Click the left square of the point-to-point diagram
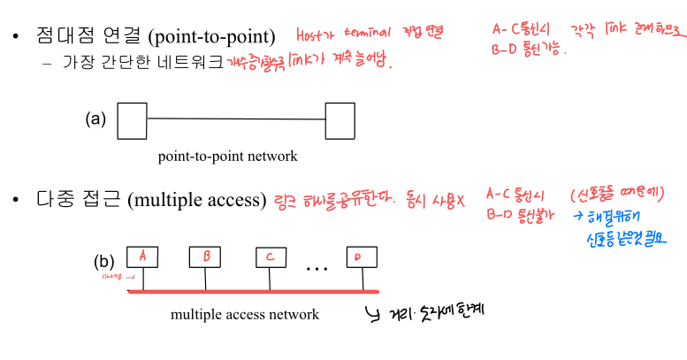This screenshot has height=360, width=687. coord(132,120)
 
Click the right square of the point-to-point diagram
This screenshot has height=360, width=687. coord(340,120)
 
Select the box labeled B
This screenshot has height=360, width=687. coord(205,257)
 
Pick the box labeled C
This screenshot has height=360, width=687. coord(271,257)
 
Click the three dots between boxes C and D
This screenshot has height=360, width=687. coord(317,264)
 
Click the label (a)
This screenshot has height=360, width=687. coord(95,119)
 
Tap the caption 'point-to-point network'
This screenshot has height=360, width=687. coord(227,157)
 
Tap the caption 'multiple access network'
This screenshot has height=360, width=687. coord(245,314)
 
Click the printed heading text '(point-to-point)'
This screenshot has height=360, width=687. coord(212,38)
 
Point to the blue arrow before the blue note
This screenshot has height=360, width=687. coord(577,214)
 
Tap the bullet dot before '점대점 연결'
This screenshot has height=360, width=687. coord(16,38)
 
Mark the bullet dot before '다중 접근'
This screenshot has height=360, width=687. coord(16,200)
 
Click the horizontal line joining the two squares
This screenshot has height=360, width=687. coord(235,119)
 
